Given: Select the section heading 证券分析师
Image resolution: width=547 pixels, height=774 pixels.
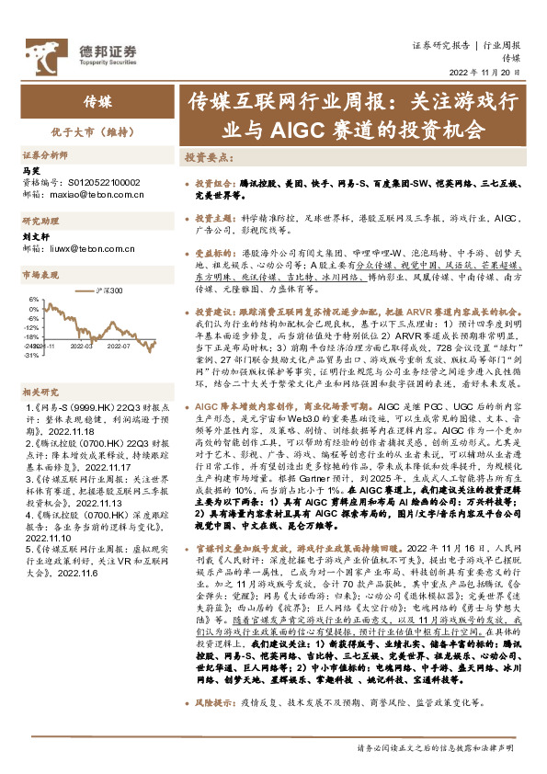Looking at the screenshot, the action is coord(46,155).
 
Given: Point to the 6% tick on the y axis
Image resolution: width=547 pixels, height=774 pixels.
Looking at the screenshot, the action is coord(32,300).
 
